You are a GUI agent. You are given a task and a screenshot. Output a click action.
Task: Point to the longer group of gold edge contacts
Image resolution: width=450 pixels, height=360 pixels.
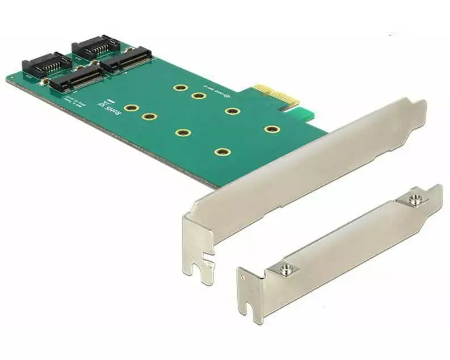pyautogui.click(x=287, y=104)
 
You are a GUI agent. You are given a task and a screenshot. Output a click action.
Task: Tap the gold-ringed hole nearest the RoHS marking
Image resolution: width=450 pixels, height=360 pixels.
pyautogui.click(x=131, y=107)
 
